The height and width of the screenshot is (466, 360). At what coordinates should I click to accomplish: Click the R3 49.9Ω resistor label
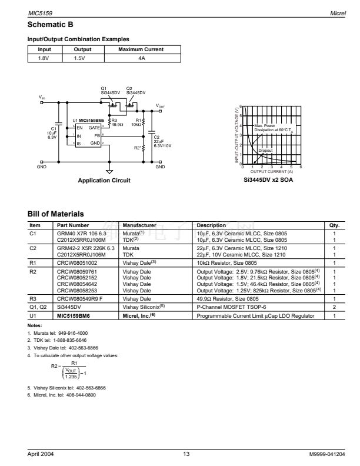117,122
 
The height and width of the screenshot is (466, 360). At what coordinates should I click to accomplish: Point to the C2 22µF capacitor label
157,141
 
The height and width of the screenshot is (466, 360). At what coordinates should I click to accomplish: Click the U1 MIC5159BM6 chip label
88,120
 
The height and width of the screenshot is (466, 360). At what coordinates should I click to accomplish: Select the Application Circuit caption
104,180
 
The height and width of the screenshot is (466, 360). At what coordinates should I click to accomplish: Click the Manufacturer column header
139,225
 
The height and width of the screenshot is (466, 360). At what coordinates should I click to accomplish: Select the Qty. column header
335,225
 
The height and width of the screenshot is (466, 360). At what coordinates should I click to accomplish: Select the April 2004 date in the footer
42,454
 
